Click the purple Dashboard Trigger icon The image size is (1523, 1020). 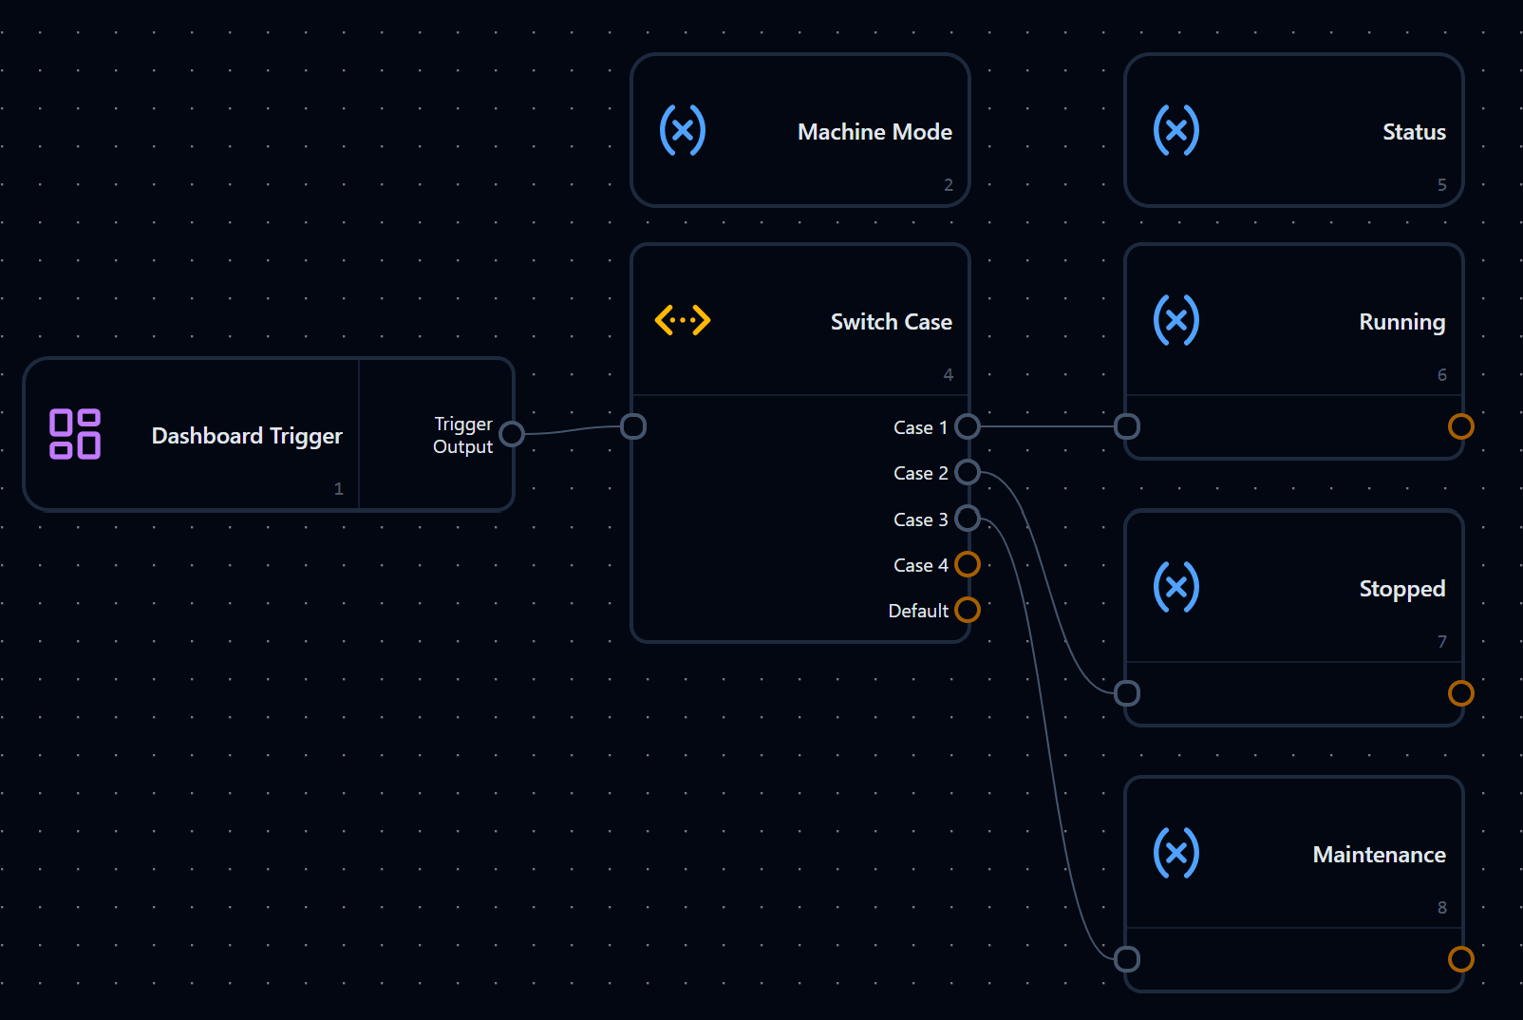pyautogui.click(x=75, y=434)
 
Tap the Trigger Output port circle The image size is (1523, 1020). pyautogui.click(x=511, y=434)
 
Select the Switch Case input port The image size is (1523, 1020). pyautogui.click(x=633, y=426)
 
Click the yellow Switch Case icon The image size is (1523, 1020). pyautogui.click(x=683, y=320)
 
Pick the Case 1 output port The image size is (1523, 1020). pyautogui.click(x=967, y=426)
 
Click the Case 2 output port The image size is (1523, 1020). pyautogui.click(x=967, y=472)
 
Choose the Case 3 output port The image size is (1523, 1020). pyautogui.click(x=967, y=519)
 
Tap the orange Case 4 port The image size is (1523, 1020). pyautogui.click(x=967, y=564)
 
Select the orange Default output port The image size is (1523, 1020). pyautogui.click(x=967, y=610)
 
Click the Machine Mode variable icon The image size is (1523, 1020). pyautogui.click(x=683, y=130)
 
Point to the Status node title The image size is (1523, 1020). pyautogui.click(x=1414, y=131)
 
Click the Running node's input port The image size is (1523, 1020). pyautogui.click(x=1127, y=426)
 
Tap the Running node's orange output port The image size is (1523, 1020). pyautogui.click(x=1460, y=426)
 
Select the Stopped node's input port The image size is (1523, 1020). pyautogui.click(x=1127, y=693)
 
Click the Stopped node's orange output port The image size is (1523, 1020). pyautogui.click(x=1460, y=693)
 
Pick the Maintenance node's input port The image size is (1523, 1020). pyautogui.click(x=1127, y=959)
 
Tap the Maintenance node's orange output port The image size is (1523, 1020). pyautogui.click(x=1460, y=959)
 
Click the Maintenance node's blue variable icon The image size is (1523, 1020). pyautogui.click(x=1176, y=853)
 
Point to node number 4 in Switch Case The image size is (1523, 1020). pyautogui.click(x=949, y=375)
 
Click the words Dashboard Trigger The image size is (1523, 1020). pyautogui.click(x=247, y=435)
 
